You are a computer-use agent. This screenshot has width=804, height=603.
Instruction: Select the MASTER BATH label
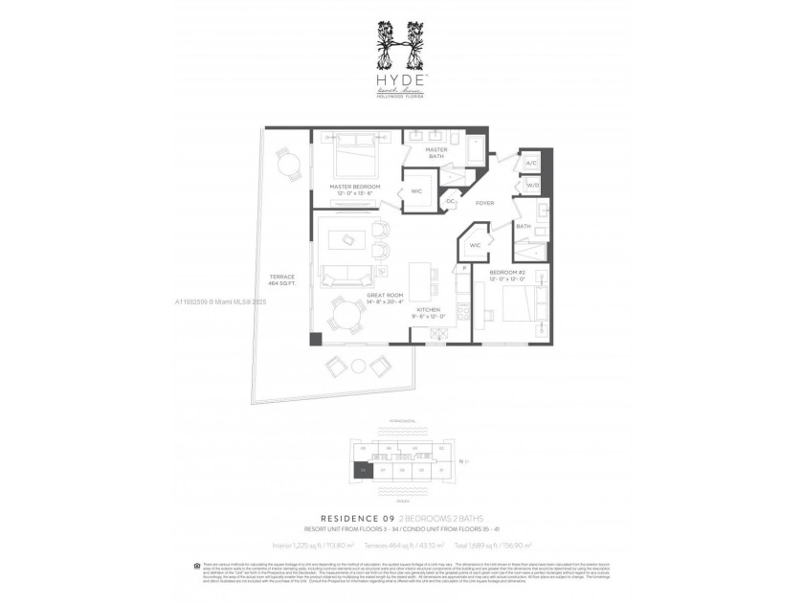[436, 153]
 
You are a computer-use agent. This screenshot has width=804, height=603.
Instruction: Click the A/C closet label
[531, 164]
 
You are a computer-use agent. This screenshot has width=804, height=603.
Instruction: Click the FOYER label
[484, 203]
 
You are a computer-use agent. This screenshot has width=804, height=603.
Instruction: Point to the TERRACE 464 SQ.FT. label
[281, 280]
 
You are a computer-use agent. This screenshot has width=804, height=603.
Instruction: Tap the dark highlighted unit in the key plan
[361, 470]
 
